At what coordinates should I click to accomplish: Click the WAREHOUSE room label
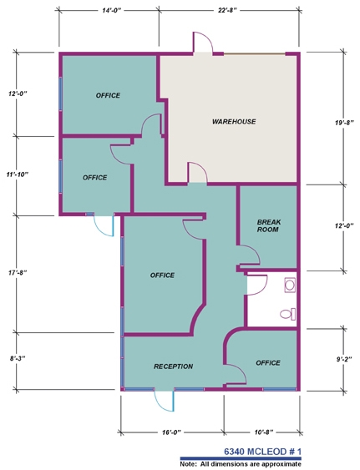click(234, 121)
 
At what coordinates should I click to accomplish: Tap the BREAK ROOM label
click(269, 225)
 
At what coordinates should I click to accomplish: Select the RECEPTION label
click(174, 366)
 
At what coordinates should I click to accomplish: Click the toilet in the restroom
click(287, 314)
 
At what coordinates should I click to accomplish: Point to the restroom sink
click(290, 285)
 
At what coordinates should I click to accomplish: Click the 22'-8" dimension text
click(227, 10)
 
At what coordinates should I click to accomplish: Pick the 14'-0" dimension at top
click(111, 10)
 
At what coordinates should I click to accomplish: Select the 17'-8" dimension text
click(18, 272)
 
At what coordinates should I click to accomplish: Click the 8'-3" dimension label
click(17, 358)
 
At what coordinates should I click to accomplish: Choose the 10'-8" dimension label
click(263, 432)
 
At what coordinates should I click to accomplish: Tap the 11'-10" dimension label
click(18, 174)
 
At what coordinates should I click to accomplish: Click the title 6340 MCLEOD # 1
click(262, 452)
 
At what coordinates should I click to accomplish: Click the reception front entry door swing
click(165, 400)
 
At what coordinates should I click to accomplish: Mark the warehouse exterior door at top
click(202, 43)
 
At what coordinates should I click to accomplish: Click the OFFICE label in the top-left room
click(108, 95)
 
